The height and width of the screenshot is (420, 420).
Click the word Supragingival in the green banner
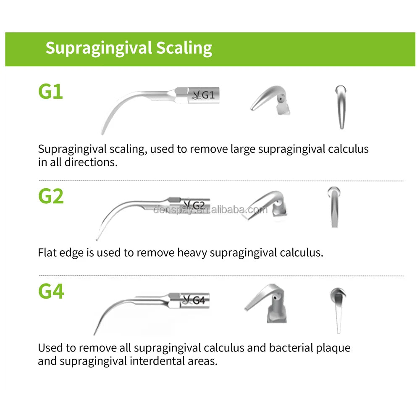point(98,48)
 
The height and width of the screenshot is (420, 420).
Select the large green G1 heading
point(50,92)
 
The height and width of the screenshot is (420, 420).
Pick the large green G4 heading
point(51,291)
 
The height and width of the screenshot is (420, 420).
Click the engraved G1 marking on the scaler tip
point(208,95)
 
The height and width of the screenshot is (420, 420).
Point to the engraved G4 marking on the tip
point(199,300)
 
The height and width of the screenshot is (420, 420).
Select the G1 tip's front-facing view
point(341,107)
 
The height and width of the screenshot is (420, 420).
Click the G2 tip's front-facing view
point(334,207)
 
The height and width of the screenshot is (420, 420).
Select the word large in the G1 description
point(243,149)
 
